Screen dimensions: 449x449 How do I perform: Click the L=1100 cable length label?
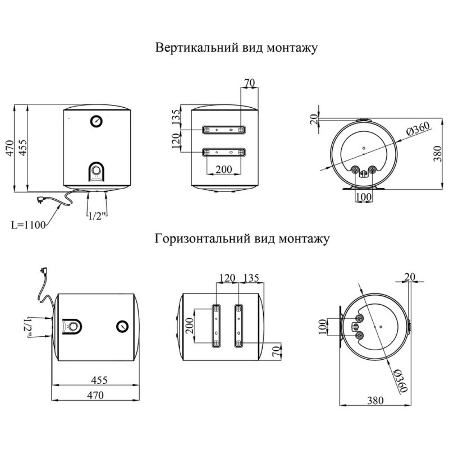coord(28,225)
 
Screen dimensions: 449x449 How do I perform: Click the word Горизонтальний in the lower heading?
coord(203,239)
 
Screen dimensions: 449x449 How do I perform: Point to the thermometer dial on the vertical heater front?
coord(96,121)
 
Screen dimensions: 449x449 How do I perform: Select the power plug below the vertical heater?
coord(40,200)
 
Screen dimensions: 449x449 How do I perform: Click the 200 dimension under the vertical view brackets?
coord(223,169)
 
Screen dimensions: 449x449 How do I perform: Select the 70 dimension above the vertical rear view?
coord(249,83)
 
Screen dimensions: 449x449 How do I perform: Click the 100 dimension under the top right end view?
coord(364,197)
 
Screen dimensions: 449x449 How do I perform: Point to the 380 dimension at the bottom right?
coord(375,400)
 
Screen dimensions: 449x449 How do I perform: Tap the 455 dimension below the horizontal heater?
coord(99,380)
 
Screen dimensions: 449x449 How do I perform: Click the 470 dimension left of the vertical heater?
coord(10,148)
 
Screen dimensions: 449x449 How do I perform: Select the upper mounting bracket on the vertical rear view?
coord(223,130)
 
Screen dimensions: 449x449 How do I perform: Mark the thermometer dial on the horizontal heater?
coord(122,327)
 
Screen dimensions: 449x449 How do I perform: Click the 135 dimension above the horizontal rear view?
coord(251,278)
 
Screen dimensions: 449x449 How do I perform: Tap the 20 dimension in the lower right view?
coord(410,277)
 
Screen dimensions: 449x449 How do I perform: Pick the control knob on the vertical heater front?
coord(97,171)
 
